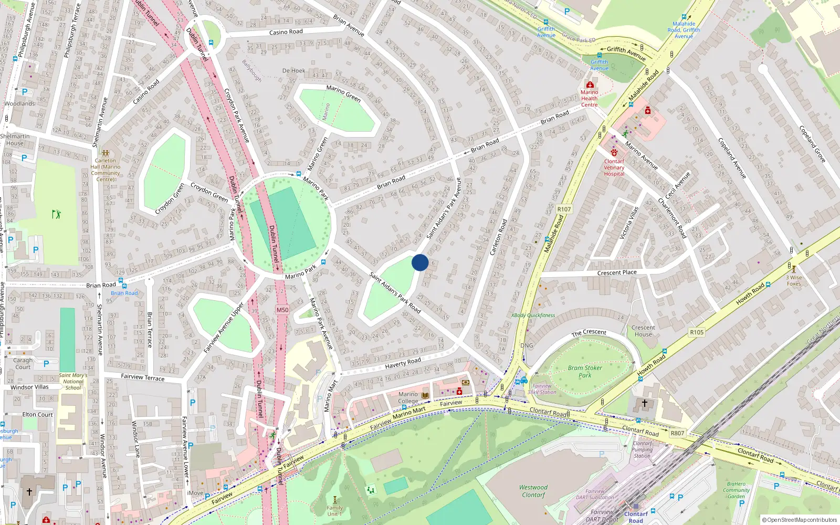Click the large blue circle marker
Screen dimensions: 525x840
click(x=420, y=262)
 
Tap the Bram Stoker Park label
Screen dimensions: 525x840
click(x=585, y=372)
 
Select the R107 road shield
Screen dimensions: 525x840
click(x=564, y=209)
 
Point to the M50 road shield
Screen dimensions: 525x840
click(x=282, y=310)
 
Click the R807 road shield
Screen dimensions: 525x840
click(x=677, y=433)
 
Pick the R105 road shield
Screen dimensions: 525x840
click(x=697, y=332)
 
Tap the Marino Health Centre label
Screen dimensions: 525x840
click(x=589, y=98)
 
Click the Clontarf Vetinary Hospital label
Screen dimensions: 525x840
click(x=614, y=167)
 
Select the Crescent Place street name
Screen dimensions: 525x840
click(x=617, y=272)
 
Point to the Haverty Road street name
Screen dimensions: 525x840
click(x=403, y=363)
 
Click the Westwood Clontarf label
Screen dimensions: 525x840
click(x=533, y=491)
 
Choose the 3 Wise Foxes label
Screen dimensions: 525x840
click(x=794, y=280)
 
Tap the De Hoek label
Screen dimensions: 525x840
click(x=293, y=70)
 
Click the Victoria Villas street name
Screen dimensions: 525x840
click(x=628, y=223)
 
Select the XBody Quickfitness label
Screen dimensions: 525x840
click(x=533, y=316)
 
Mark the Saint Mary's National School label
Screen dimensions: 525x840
click(x=73, y=382)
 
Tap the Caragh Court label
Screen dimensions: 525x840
click(x=23, y=363)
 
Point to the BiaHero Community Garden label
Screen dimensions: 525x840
click(x=736, y=490)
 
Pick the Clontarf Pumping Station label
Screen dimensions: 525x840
click(x=642, y=449)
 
